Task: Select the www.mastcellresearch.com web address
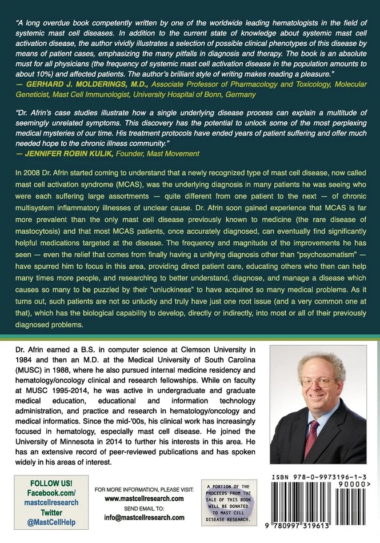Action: click(144, 498)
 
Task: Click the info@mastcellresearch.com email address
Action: click(144, 517)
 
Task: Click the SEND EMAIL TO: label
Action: click(144, 508)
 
